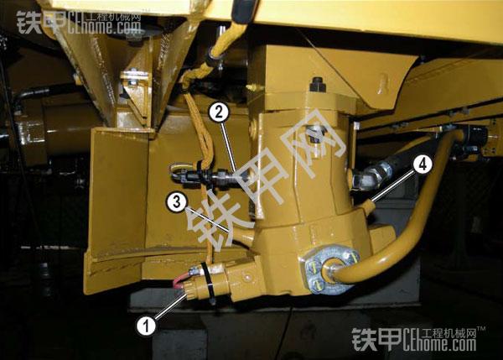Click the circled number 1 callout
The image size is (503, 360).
tap(146, 326)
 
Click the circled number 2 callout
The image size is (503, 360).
tap(219, 112)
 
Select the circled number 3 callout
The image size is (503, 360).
tap(176, 202)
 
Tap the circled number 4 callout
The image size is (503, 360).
tap(423, 164)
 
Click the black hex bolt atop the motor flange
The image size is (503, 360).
tap(318, 84)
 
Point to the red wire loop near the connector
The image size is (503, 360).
tap(179, 280)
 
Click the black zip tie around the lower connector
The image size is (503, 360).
tap(209, 284)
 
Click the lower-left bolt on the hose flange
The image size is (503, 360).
tap(316, 284)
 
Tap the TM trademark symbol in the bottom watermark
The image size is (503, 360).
tap(481, 330)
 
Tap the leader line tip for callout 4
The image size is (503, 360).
tap(373, 201)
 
